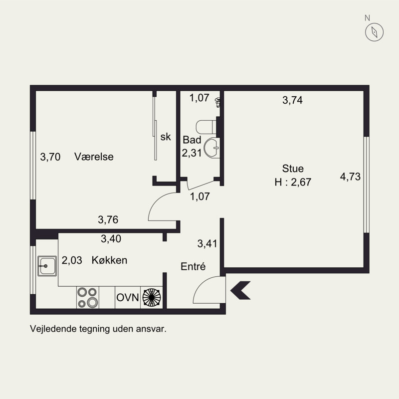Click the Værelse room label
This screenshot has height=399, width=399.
(94, 157)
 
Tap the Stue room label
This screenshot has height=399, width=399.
(293, 169)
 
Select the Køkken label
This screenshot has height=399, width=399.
(109, 260)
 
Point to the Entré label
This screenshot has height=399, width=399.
(193, 266)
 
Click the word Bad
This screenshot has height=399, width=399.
(192, 140)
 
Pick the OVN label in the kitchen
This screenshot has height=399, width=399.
(128, 297)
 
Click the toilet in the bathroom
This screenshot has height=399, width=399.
(206, 127)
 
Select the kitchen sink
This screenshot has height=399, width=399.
(47, 266)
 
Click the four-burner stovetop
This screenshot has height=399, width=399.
(88, 297)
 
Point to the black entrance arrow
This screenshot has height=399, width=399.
(240, 290)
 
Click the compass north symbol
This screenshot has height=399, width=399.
(375, 32)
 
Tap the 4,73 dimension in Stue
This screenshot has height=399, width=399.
(351, 177)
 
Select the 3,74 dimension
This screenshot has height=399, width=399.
(292, 100)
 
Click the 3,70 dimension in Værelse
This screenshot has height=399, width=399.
(50, 157)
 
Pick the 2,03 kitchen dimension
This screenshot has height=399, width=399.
(72, 260)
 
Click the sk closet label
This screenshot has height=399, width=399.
(166, 137)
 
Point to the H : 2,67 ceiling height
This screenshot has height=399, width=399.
(293, 182)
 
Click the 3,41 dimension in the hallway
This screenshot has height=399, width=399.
(207, 243)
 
